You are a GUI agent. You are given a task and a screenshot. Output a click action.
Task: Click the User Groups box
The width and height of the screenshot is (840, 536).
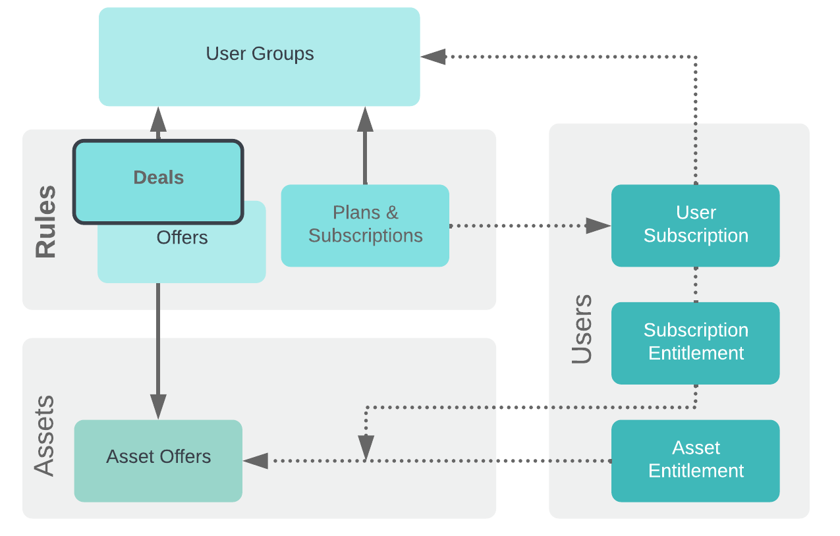[x=260, y=57]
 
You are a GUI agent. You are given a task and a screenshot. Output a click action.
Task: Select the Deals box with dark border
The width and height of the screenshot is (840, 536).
[x=158, y=182]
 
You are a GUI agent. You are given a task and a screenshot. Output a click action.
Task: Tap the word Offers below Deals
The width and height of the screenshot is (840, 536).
[x=182, y=238]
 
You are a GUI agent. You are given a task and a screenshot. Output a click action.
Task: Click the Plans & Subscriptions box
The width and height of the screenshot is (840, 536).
[x=365, y=226]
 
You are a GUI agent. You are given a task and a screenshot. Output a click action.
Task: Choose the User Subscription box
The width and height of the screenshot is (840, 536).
[x=696, y=226]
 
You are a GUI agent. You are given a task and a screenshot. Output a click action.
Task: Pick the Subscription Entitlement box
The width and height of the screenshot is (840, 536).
[x=696, y=343]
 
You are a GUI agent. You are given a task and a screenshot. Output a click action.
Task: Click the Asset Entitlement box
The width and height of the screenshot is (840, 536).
[x=696, y=461]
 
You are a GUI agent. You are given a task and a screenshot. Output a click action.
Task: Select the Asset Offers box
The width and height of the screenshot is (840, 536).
[x=158, y=461]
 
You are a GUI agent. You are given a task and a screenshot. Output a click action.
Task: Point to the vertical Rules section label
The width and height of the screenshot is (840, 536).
[x=45, y=221]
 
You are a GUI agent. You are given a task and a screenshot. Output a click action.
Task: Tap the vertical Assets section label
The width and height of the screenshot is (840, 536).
[x=44, y=436]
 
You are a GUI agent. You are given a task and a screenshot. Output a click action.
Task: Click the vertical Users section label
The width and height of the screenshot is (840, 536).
[x=582, y=329]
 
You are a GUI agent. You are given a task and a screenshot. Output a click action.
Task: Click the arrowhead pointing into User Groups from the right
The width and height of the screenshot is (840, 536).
[x=434, y=57]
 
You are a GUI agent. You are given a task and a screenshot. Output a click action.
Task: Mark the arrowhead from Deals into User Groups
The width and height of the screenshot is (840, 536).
[x=158, y=119]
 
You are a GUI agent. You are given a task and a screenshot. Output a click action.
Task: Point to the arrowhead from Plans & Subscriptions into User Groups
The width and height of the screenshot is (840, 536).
[x=365, y=119]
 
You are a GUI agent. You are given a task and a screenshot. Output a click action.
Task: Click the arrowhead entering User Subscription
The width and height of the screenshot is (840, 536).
[x=598, y=226]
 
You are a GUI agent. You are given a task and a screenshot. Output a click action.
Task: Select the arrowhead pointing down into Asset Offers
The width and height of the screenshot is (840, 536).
[x=158, y=407]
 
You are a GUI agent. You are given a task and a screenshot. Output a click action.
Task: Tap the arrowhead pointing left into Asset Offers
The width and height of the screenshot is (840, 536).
[x=256, y=461]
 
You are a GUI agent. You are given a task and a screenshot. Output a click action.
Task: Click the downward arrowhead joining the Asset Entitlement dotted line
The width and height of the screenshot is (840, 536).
[x=366, y=448]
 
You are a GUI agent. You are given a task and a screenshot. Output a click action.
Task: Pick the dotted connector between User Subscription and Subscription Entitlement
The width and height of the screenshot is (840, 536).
[x=696, y=285]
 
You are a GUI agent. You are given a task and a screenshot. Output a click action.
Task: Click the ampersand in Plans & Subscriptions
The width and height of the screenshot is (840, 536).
[x=392, y=213]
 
